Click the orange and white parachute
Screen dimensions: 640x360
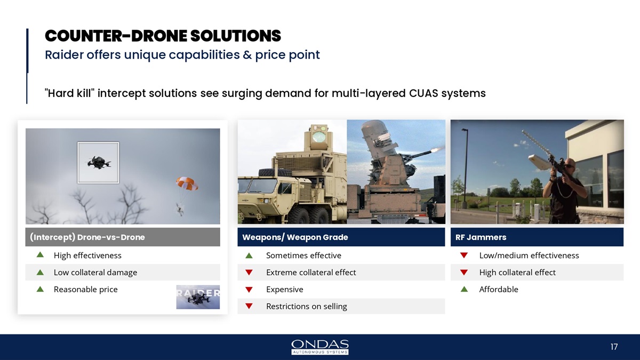point(187,183)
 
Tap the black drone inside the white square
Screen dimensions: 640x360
point(99,163)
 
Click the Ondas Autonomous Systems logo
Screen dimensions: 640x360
point(319,347)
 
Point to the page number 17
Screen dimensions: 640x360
point(614,347)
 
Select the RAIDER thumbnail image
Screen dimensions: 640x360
point(198,297)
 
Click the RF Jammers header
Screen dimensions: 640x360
point(537,237)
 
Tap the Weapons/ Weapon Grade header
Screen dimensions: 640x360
point(341,237)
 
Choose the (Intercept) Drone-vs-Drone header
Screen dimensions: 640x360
point(123,237)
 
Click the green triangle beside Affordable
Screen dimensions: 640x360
point(465,290)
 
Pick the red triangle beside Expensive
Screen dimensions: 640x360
point(249,290)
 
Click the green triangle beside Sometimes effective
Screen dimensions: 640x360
point(249,255)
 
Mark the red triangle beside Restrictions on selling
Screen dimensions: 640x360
point(249,306)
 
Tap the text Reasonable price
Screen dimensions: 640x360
point(86,290)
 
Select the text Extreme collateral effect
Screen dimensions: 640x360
point(311,273)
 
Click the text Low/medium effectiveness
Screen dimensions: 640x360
point(529,255)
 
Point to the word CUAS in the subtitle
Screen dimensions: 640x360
point(423,93)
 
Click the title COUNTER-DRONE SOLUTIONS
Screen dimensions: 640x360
point(163,36)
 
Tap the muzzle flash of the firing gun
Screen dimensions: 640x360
point(437,149)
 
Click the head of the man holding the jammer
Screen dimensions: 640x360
point(568,166)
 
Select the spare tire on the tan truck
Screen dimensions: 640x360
point(275,172)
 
